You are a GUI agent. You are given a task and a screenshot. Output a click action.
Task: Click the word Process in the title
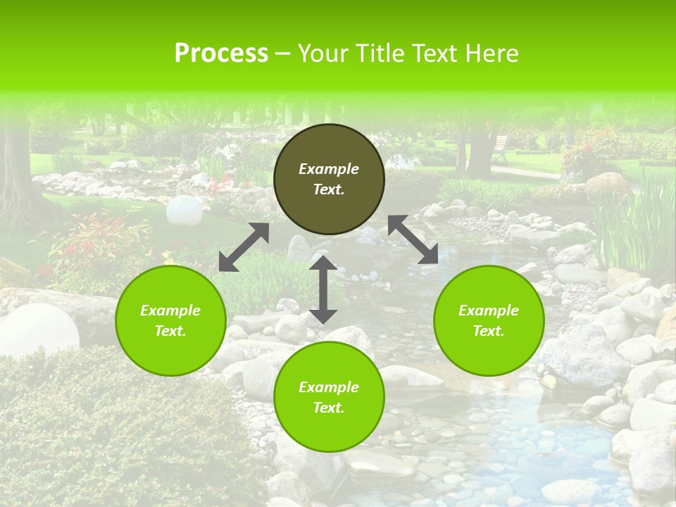(x=221, y=54)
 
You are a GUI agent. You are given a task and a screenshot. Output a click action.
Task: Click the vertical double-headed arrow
(x=323, y=289)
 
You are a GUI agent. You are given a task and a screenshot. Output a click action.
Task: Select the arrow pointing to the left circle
(x=244, y=247)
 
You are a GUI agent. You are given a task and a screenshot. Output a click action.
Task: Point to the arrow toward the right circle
(x=413, y=239)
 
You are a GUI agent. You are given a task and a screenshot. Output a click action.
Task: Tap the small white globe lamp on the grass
(x=184, y=209)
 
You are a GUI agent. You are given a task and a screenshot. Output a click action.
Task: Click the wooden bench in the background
(x=500, y=147)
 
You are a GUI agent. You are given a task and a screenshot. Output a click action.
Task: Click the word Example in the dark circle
(x=329, y=169)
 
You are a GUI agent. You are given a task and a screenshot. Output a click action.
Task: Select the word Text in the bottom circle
(x=329, y=408)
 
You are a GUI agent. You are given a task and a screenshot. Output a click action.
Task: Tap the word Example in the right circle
(x=489, y=311)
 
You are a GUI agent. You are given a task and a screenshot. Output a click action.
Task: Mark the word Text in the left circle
(x=170, y=331)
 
